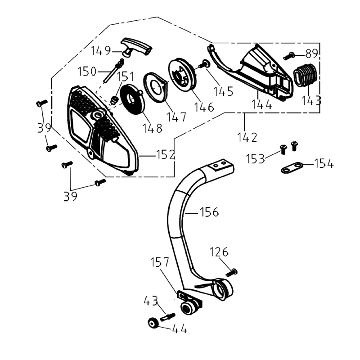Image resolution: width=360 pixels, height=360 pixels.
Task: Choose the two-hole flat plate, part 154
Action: [289, 169]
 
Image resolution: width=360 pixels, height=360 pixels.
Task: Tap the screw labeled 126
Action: [233, 272]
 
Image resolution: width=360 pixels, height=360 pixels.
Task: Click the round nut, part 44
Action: [153, 323]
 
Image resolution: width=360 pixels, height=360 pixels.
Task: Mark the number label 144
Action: [262, 105]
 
